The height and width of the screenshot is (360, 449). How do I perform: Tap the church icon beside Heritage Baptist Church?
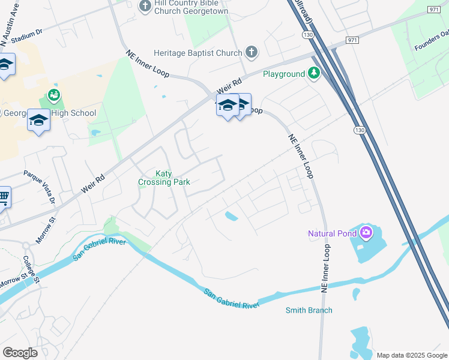[x=252, y=53]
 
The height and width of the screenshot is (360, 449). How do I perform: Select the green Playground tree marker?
[x=313, y=73]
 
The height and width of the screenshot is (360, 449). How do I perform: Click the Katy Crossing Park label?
[x=173, y=178]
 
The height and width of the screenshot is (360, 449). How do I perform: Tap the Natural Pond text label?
[x=332, y=233]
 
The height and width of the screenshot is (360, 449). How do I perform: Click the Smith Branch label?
[x=309, y=310]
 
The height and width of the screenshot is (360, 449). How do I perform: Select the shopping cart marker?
[x=3, y=196]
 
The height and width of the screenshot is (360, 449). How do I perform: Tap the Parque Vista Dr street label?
[x=39, y=187]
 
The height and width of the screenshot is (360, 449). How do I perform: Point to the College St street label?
[x=31, y=268]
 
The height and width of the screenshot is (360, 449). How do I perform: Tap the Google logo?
[x=20, y=353]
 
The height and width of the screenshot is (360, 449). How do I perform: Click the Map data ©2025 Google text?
[x=412, y=355]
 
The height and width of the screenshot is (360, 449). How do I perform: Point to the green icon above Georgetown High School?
[x=53, y=94]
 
